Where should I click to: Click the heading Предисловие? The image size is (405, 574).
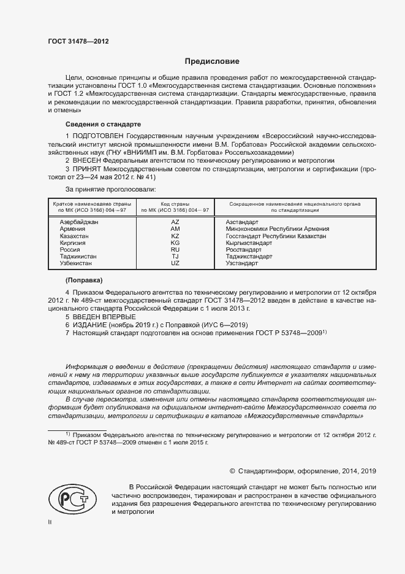point(213,61)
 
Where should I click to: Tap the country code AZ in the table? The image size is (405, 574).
point(175,222)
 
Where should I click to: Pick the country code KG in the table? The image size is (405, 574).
point(175,242)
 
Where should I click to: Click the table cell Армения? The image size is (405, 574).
point(72,228)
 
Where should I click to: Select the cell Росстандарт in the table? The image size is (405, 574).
point(244,249)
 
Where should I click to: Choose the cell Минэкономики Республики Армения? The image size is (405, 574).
point(277,228)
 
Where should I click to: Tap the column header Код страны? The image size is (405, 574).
point(175,203)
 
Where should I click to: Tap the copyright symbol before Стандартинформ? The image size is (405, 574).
point(232,471)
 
